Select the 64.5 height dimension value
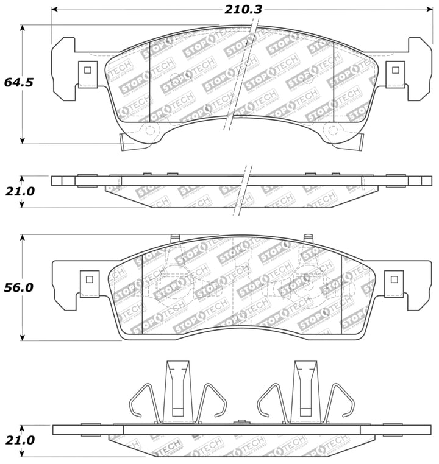pos(19,82)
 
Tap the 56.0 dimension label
pos(19,287)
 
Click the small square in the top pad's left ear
pos(88,69)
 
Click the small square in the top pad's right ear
pos(394,69)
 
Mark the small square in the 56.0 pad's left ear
pos(89,279)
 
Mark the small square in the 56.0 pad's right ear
pos(394,279)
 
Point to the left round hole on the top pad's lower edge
pos(150,129)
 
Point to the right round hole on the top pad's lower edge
pos(332,129)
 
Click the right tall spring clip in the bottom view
pos(306,390)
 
